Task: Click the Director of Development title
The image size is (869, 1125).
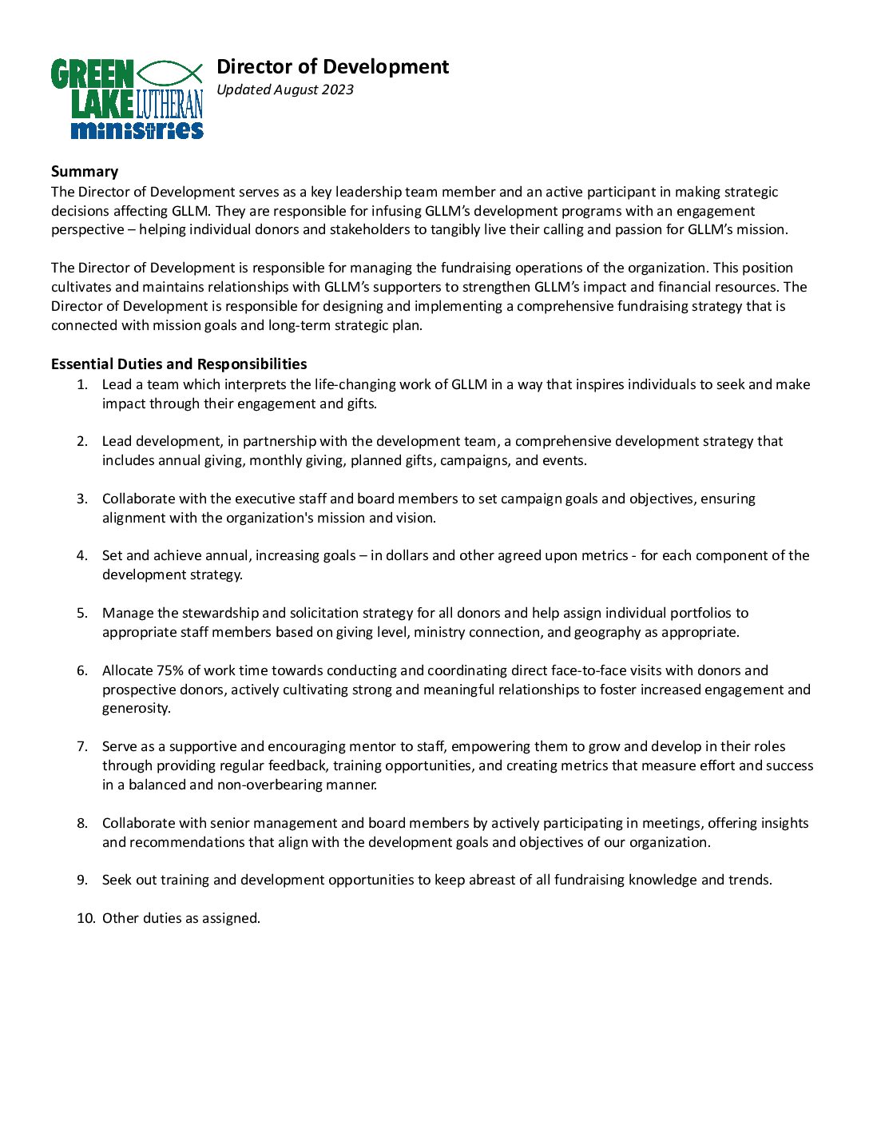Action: tap(332, 66)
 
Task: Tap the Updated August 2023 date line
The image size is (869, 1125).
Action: tap(285, 89)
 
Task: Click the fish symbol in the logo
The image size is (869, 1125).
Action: tap(169, 74)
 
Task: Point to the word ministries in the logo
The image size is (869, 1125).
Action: tap(137, 129)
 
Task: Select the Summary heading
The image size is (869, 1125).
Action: tap(85, 171)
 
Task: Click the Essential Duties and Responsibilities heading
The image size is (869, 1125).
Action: tap(179, 364)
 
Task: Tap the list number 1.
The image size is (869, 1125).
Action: tap(81, 384)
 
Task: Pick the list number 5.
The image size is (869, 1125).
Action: tap(81, 613)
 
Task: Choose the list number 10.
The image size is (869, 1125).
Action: tap(85, 918)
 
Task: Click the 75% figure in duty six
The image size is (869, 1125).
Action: tap(170, 670)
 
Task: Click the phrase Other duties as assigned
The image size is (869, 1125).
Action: tap(181, 918)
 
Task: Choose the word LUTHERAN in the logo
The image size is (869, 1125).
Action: tap(169, 104)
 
